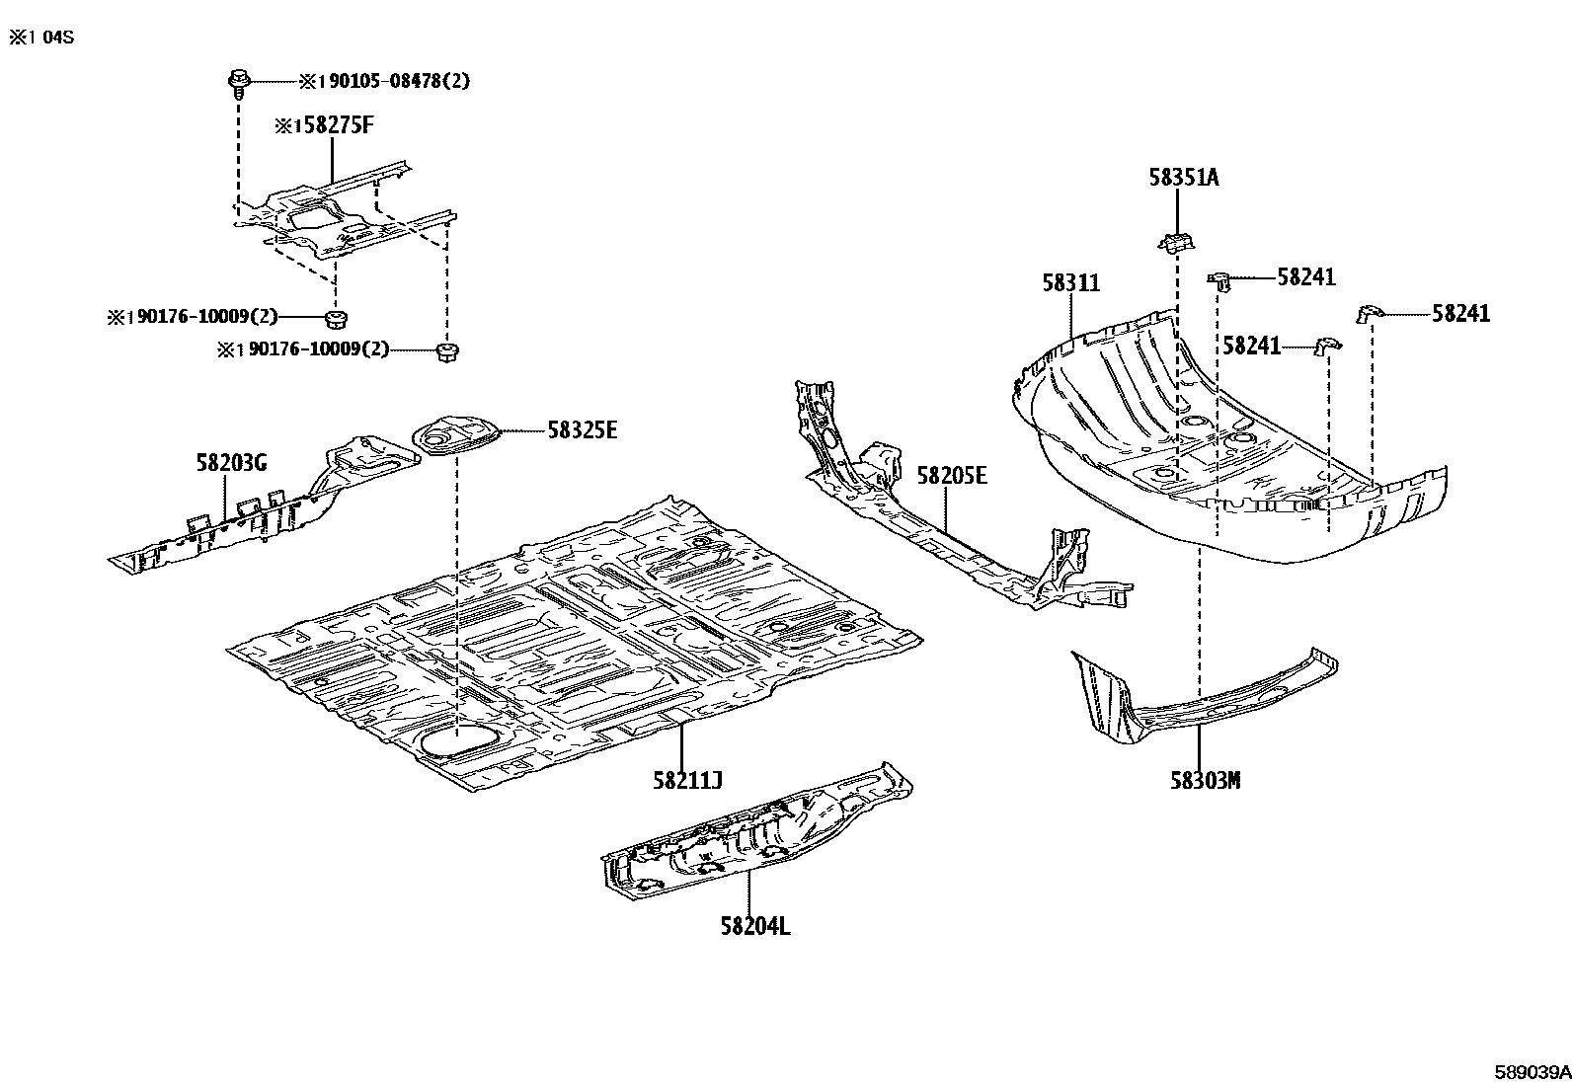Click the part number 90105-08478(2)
pos(392,81)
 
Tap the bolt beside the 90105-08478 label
pos(238,82)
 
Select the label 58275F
pos(330,125)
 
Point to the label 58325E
pos(582,430)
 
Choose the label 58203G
pos(230,463)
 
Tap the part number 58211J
pos(687,781)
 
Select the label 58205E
pos(951,476)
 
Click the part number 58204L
pos(754,927)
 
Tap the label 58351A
pos(1183,178)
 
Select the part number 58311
pos(1070,283)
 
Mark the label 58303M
pos(1205,781)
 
